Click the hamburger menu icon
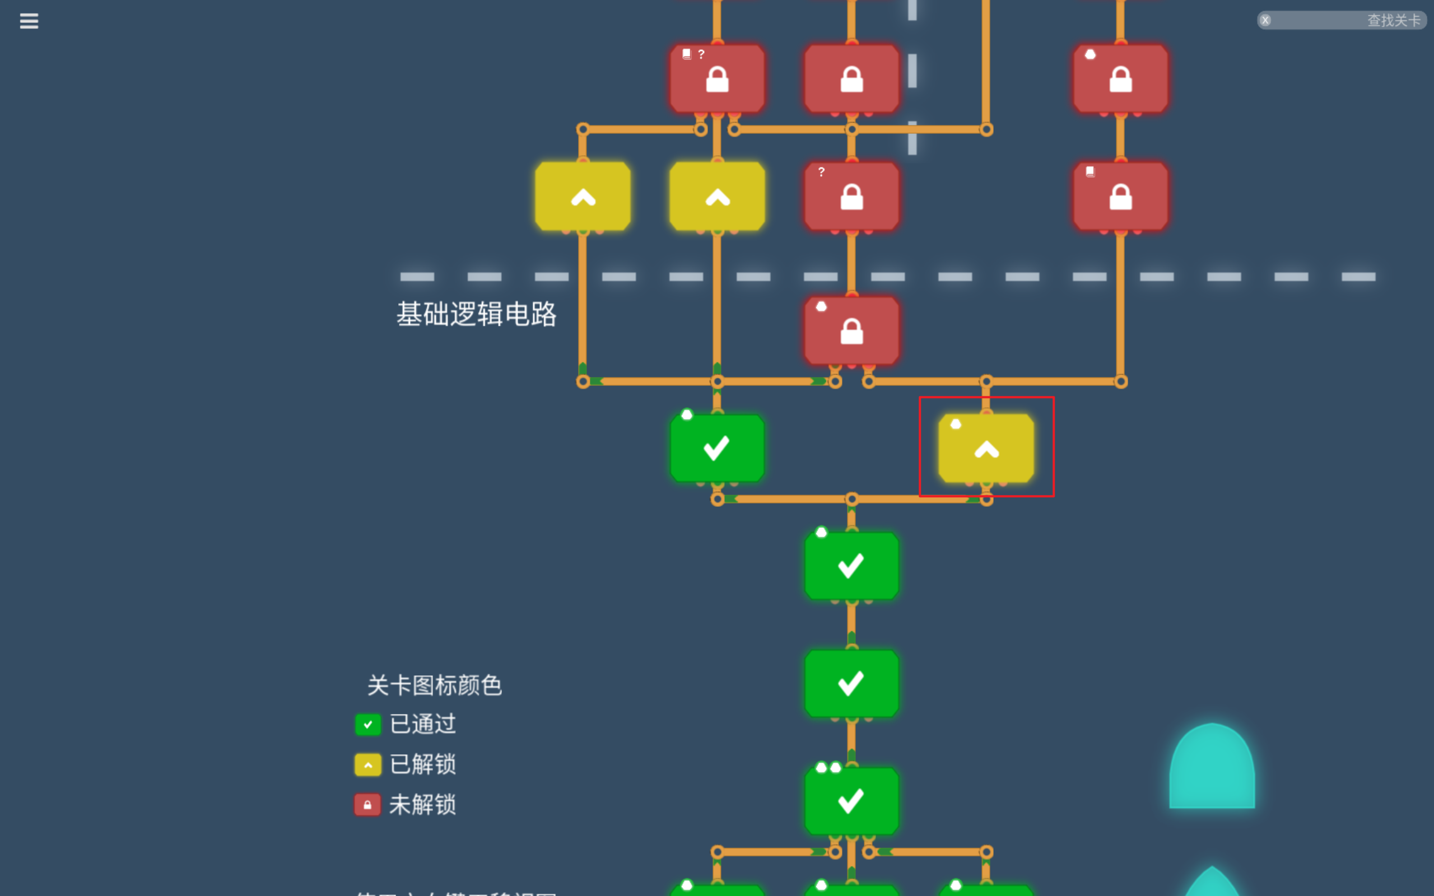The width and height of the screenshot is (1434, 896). pyautogui.click(x=29, y=21)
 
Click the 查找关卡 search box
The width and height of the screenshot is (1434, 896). pyautogui.click(x=1345, y=21)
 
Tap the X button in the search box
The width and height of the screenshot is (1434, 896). pyautogui.click(x=1265, y=21)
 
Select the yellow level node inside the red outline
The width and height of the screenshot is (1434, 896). pyautogui.click(x=986, y=449)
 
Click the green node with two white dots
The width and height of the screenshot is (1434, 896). pyautogui.click(x=851, y=801)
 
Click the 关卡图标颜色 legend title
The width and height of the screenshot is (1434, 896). pyautogui.click(x=434, y=685)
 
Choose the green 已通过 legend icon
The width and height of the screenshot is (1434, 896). pyautogui.click(x=367, y=724)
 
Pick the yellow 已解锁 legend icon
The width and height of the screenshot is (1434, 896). pyautogui.click(x=367, y=764)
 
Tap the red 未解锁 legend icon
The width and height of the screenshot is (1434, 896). pyautogui.click(x=367, y=805)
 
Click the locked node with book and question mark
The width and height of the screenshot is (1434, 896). pyautogui.click(x=717, y=79)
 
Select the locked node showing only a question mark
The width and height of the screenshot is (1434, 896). pyautogui.click(x=851, y=197)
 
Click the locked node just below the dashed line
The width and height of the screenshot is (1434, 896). pyautogui.click(x=851, y=330)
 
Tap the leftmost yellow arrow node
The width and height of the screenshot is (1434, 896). pyautogui.click(x=583, y=197)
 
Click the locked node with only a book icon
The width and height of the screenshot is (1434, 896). pyautogui.click(x=1120, y=197)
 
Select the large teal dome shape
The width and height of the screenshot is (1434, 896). pyautogui.click(x=1212, y=767)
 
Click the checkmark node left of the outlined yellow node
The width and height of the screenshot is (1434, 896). pyautogui.click(x=717, y=449)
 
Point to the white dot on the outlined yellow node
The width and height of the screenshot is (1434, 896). pyautogui.click(x=955, y=424)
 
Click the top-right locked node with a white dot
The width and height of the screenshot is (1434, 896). pyautogui.click(x=1120, y=79)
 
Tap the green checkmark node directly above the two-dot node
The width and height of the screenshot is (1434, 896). pyautogui.click(x=851, y=683)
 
